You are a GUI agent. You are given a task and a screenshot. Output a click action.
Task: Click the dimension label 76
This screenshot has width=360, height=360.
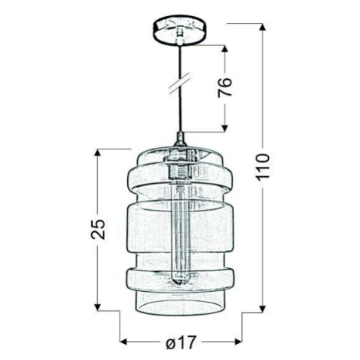tap(225, 87)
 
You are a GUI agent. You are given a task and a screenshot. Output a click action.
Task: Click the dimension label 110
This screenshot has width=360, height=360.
tap(263, 167)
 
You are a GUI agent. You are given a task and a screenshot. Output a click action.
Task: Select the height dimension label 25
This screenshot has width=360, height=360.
tap(98, 228)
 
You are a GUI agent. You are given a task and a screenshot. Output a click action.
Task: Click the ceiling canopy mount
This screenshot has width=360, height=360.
tap(181, 31)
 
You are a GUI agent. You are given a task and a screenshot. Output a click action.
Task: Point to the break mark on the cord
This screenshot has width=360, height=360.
tap(181, 83)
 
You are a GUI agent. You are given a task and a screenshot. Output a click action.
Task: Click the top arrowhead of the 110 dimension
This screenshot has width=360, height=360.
tap(263, 28)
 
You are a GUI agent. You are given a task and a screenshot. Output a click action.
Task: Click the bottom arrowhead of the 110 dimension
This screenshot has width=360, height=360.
tap(263, 309)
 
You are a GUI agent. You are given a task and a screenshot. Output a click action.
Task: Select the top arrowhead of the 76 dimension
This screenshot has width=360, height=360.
tap(224, 50)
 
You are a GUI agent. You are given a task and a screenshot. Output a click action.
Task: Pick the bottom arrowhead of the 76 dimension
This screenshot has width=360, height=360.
tap(224, 128)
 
